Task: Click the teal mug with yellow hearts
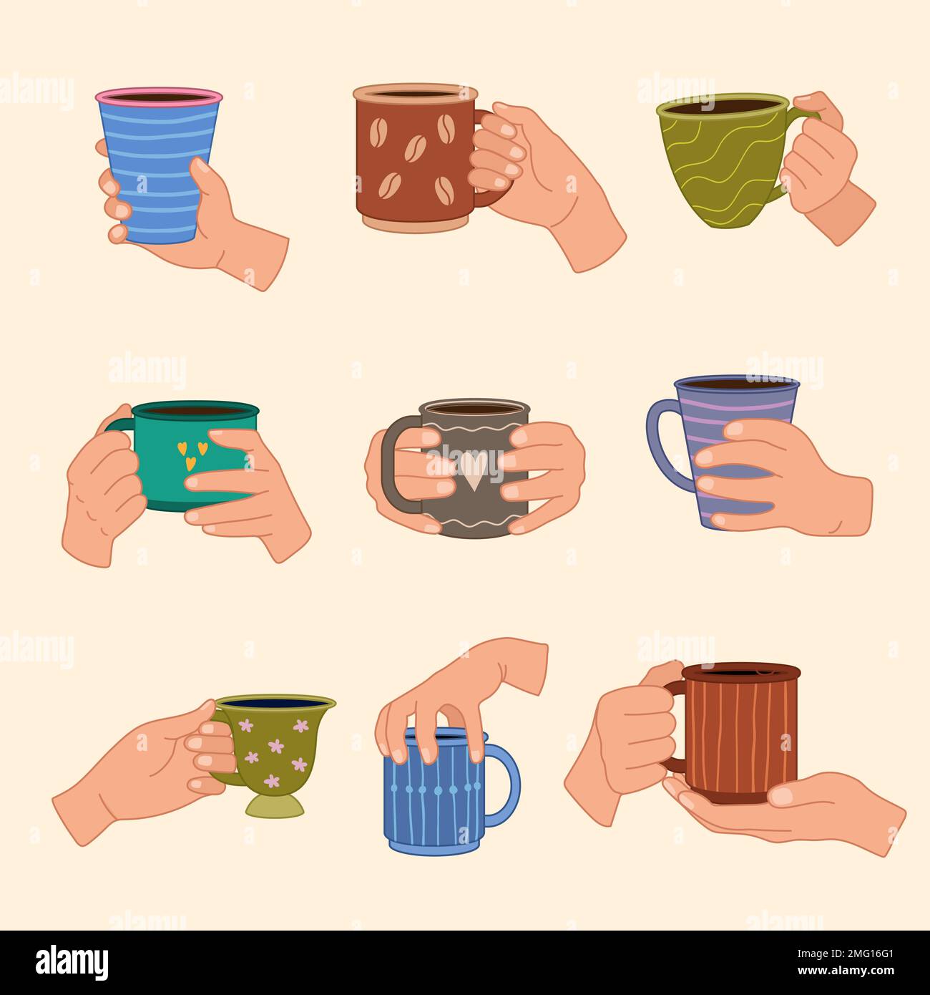coord(165,458)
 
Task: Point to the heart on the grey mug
coord(471,469)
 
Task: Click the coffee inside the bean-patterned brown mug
coord(415,94)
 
